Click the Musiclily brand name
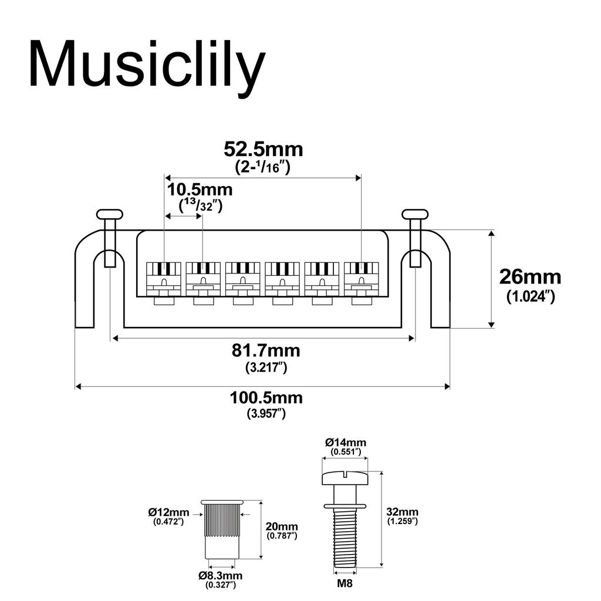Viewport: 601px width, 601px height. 147,65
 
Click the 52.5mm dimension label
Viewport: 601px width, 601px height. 263,149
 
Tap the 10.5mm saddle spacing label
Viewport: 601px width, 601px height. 200,190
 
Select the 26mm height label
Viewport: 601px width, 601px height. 529,276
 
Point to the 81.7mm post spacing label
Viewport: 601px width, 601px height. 266,351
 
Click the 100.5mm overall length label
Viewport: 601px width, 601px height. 266,398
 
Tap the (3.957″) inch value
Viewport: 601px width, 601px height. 266,414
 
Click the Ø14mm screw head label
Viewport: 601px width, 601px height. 346,442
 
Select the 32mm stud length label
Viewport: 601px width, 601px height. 403,511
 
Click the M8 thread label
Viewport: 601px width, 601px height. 345,584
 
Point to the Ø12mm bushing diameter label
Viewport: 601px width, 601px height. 168,512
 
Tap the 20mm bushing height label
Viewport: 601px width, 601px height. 282,526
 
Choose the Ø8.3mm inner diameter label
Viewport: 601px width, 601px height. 220,576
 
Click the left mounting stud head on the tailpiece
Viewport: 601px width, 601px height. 110,214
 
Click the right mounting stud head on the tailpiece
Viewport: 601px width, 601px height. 415,214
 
